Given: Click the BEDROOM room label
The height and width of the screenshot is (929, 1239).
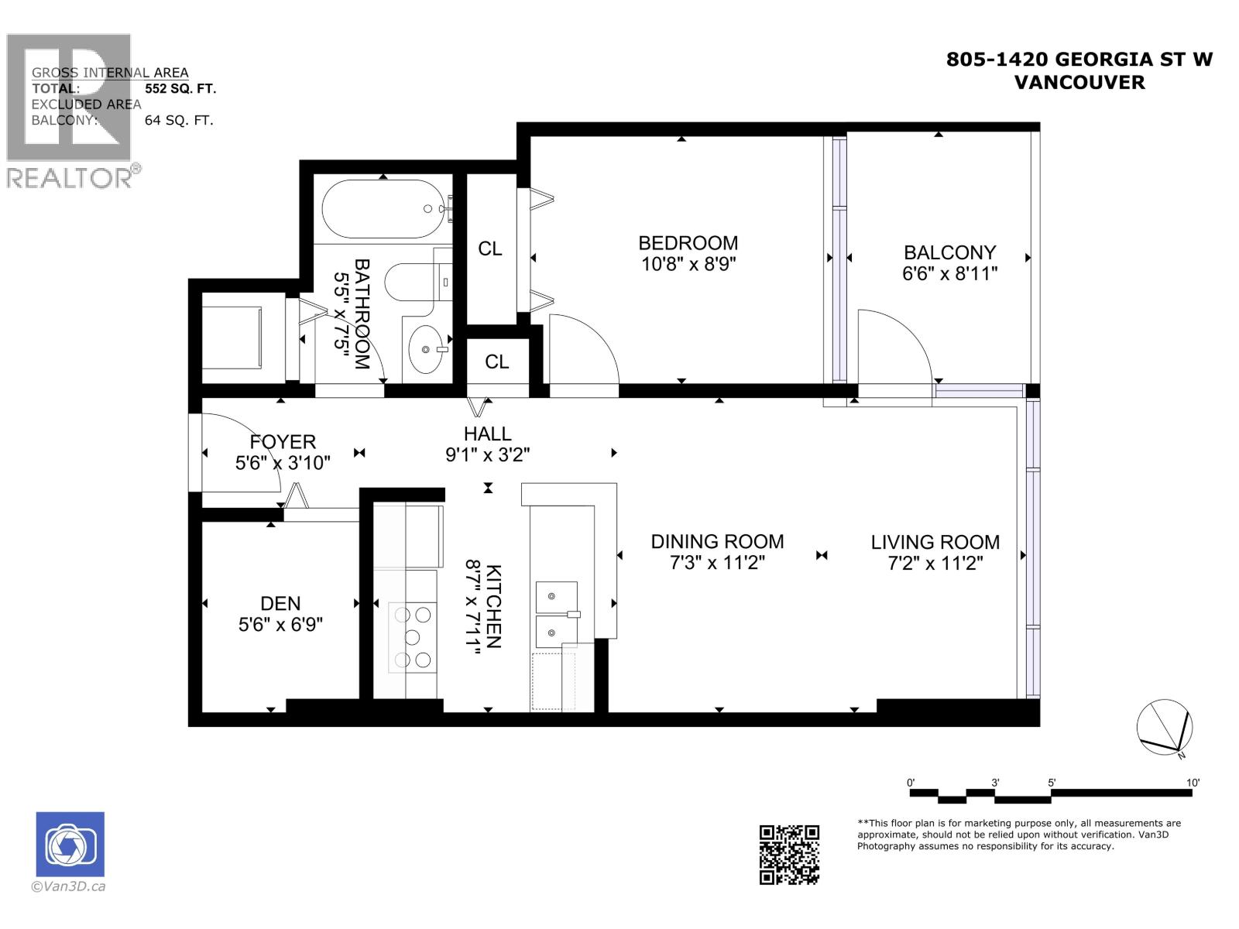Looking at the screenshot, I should tap(688, 243).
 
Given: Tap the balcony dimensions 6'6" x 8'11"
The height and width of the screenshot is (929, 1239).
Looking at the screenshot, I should tap(949, 273).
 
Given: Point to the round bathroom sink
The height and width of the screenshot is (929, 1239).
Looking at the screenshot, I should tap(424, 349).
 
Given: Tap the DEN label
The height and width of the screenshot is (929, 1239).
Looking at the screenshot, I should tap(280, 603).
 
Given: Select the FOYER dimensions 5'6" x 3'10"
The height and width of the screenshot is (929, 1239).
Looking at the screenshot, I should tap(283, 463).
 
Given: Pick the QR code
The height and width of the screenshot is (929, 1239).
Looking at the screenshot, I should tap(788, 854).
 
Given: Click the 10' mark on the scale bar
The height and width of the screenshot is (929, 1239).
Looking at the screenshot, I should tap(1193, 783).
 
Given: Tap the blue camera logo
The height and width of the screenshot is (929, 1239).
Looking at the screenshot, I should tap(70, 845).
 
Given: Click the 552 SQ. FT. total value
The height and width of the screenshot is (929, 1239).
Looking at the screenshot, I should tap(180, 88).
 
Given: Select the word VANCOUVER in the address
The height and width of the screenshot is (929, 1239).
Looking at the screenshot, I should tap(1079, 82).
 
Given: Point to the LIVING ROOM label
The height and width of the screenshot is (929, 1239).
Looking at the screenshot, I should tap(935, 542).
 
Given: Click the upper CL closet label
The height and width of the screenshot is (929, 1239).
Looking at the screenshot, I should tap(489, 249).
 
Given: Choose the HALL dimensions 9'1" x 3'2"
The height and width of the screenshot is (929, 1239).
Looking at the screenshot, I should tap(487, 454).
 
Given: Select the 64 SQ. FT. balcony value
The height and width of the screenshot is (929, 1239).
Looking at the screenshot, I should tap(179, 120).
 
